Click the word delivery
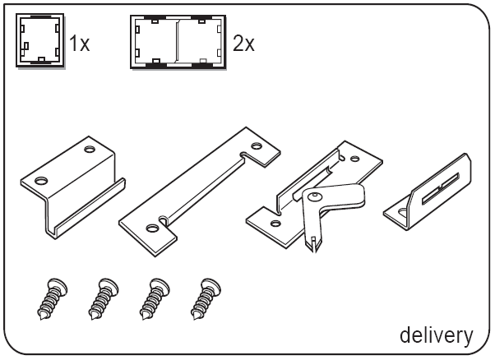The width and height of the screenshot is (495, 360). click(x=437, y=335)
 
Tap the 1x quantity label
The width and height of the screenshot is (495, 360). click(x=80, y=44)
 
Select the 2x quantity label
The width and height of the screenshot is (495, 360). click(x=243, y=44)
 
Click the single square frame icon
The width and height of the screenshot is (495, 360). click(x=40, y=40)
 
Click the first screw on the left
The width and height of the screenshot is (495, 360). click(x=53, y=298)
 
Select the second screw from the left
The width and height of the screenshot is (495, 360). click(x=104, y=298)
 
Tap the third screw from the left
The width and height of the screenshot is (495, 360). click(x=155, y=298)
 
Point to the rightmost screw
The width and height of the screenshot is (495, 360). click(x=206, y=298)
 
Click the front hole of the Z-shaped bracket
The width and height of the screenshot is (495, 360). click(x=41, y=181)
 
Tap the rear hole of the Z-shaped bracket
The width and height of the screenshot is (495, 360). click(x=90, y=149)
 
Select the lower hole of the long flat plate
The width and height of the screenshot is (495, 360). click(x=153, y=228)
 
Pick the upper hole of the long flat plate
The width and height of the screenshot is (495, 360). click(x=257, y=146)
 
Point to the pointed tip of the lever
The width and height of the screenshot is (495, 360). click(x=314, y=252)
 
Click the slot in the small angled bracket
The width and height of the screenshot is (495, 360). click(x=440, y=188)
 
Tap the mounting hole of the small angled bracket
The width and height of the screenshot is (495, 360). click(x=403, y=213)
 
